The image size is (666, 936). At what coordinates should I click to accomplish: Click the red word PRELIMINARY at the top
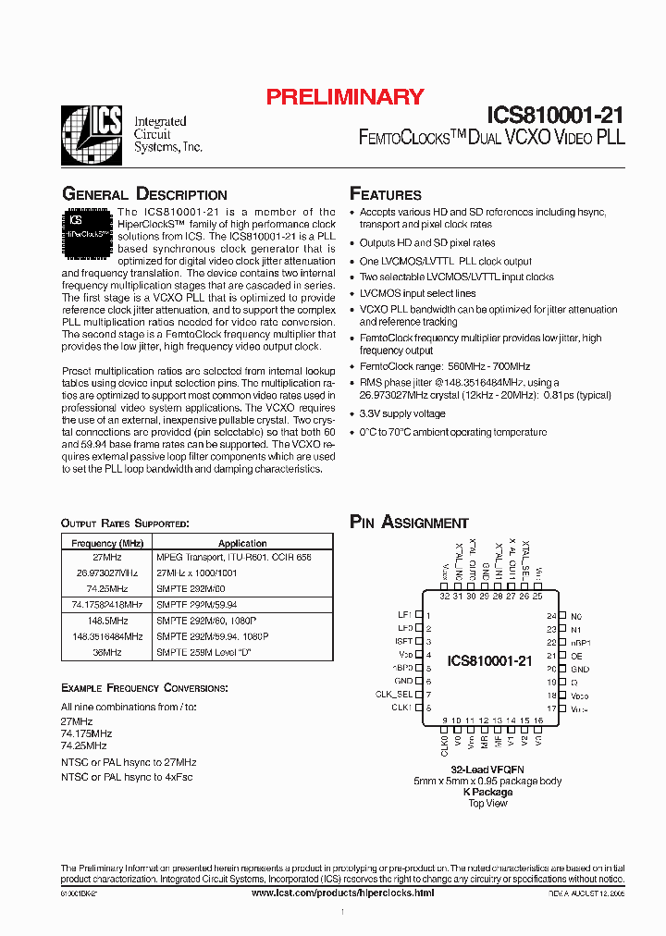coord(345,96)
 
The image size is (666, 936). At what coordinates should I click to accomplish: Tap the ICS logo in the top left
coord(91,135)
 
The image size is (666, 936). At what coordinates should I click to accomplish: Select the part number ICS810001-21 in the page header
coord(555,116)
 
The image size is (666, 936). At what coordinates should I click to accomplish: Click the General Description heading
coord(144,194)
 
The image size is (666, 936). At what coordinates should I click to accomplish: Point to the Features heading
coord(386,194)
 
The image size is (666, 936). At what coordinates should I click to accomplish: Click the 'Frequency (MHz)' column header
coord(106,544)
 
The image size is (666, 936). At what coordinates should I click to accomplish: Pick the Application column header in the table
coord(242,544)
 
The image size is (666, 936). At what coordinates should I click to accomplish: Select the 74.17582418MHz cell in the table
coord(106,604)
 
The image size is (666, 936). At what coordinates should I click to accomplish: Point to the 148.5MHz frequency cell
coord(106,621)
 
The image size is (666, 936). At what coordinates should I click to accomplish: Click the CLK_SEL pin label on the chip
coord(393,694)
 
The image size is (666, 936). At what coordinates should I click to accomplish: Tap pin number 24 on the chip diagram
coord(550,615)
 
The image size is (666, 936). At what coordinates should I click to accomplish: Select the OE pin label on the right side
coord(576,655)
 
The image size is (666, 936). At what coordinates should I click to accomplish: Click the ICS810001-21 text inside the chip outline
coord(489,661)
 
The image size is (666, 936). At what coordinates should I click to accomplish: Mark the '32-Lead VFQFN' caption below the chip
coord(487,770)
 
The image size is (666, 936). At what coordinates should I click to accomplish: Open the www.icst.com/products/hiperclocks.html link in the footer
coord(342,893)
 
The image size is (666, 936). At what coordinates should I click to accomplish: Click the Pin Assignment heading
coord(409,523)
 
